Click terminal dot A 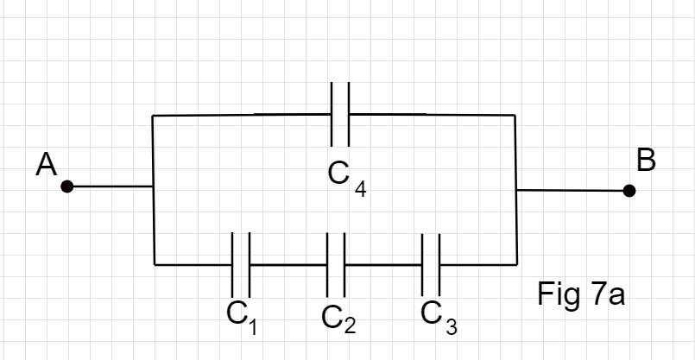(x=67, y=186)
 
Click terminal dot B (x=629, y=190)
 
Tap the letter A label (x=46, y=164)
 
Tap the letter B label (x=646, y=161)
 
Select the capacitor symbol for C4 (x=340, y=114)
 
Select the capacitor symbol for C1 (x=241, y=264)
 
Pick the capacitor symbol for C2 (x=336, y=264)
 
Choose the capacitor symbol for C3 (x=431, y=264)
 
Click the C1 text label (x=243, y=316)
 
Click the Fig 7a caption (x=580, y=295)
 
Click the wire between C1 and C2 (x=288, y=264)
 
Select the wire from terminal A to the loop (x=111, y=186)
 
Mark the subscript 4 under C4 (x=360, y=190)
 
